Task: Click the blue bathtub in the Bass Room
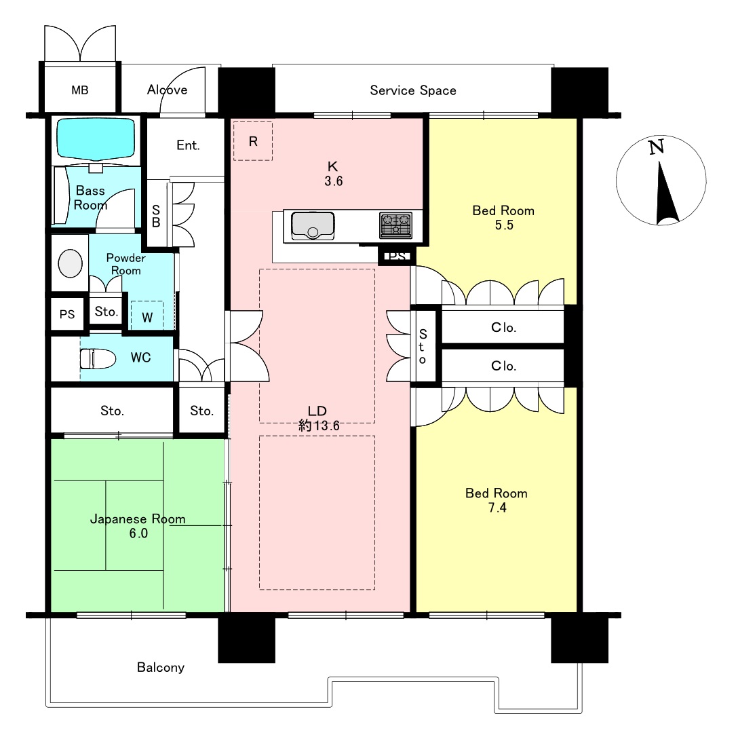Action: pos(96,138)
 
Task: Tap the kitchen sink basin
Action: pos(313,225)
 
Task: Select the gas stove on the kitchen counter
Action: pos(396,225)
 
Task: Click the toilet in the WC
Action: pos(98,359)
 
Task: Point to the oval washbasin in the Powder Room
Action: pos(70,263)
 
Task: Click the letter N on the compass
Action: pos(656,147)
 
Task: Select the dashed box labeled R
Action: pos(253,141)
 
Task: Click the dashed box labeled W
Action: pos(147,316)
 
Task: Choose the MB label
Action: pos(80,90)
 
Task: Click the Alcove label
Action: pos(167,90)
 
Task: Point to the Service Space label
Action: pos(413,90)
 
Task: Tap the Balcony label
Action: pos(161,667)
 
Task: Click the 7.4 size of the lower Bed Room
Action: pos(497,508)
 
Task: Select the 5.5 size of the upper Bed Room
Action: pos(503,225)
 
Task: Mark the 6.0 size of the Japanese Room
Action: pos(138,533)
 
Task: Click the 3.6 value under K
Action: pos(333,181)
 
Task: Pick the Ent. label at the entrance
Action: pos(189,145)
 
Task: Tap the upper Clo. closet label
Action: pos(503,327)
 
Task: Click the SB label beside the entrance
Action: pos(156,216)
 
